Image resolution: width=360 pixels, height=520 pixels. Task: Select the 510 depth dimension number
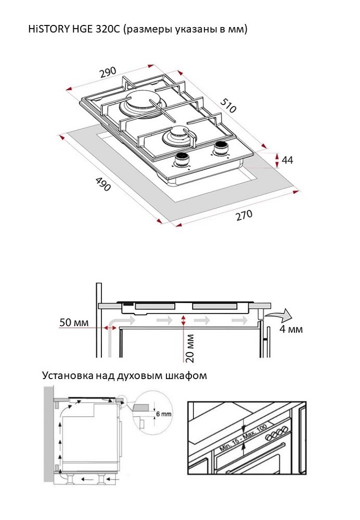click(228, 105)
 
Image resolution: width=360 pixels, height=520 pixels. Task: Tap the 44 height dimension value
click(287, 160)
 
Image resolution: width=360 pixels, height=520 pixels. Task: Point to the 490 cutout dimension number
click(103, 183)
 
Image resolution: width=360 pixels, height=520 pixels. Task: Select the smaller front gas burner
click(176, 136)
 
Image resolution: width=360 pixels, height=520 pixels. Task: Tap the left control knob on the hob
click(183, 160)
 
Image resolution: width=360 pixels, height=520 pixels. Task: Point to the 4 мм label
click(291, 329)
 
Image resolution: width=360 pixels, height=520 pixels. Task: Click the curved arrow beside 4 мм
click(280, 314)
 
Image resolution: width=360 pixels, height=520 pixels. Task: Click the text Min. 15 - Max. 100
click(243, 439)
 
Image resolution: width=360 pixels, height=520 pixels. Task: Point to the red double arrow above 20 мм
click(184, 320)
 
